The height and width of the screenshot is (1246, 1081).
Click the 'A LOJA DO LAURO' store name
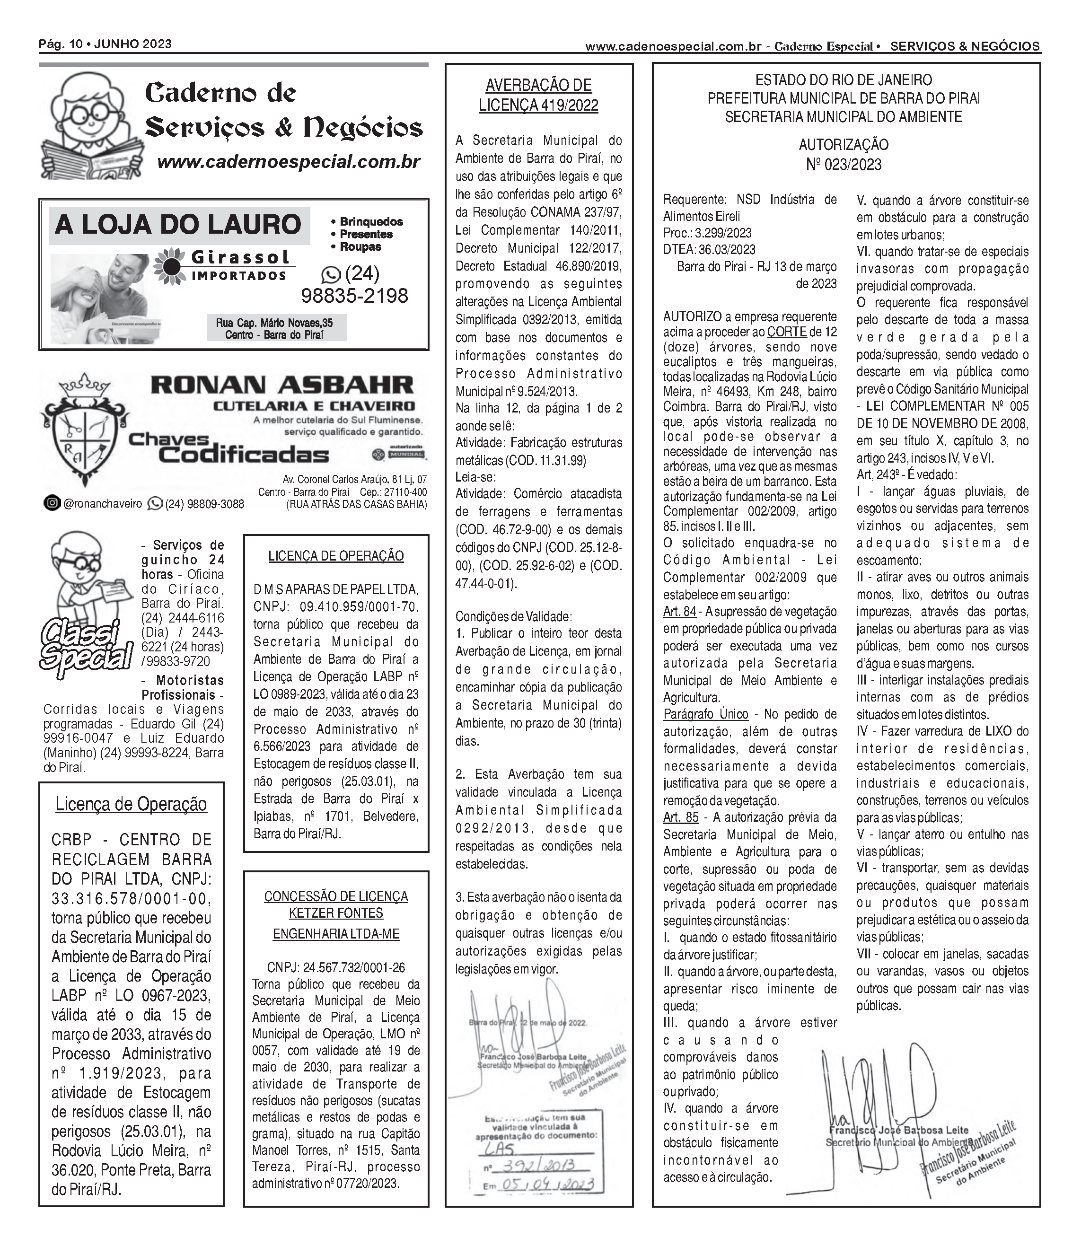(178, 224)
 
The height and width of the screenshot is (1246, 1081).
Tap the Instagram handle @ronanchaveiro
(102, 504)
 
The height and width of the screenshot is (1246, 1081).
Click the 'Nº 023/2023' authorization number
(844, 164)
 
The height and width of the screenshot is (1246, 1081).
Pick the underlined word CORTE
(787, 332)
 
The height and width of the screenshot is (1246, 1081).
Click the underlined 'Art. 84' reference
(679, 612)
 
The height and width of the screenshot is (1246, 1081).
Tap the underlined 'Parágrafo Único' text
(705, 714)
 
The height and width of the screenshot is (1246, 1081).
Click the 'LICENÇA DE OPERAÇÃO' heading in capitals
(336, 555)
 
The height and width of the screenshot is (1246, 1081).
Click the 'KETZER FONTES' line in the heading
(336, 913)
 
